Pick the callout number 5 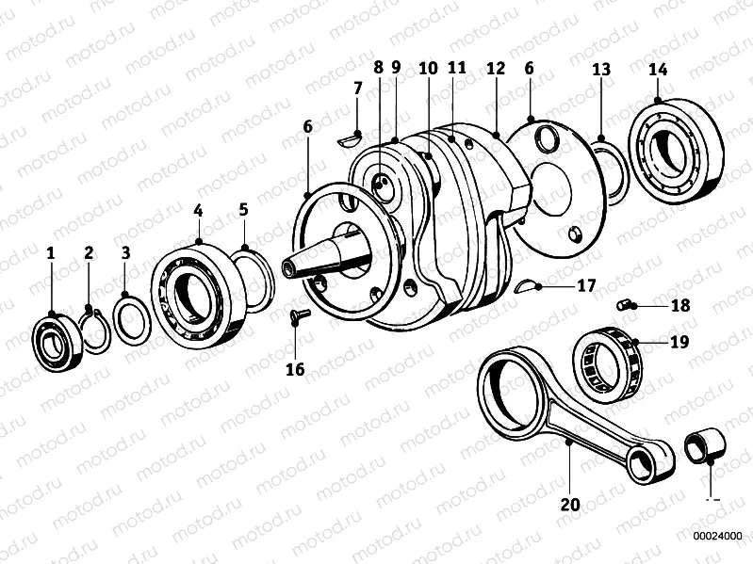243,208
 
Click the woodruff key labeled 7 349,140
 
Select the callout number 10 428,69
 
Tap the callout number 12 496,69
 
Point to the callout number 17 586,284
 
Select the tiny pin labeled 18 621,304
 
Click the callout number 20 569,504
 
